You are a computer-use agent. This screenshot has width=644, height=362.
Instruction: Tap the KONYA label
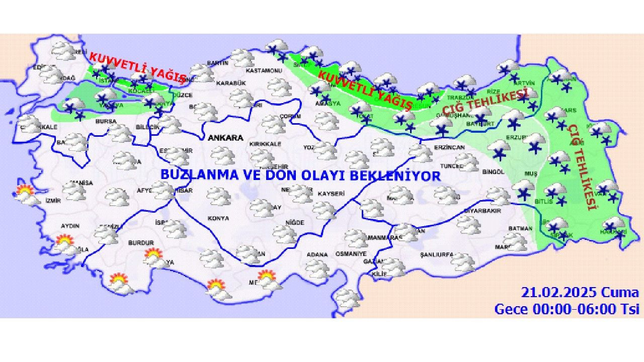click(218, 218)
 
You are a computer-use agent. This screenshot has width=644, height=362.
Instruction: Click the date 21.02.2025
click(558, 293)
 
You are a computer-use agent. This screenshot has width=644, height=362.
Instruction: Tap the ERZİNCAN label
click(449, 147)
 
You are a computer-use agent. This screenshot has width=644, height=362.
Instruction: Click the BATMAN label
click(520, 228)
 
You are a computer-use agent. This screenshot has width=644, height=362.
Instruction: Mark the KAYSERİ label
click(331, 193)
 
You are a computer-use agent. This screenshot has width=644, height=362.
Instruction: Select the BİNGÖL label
click(493, 172)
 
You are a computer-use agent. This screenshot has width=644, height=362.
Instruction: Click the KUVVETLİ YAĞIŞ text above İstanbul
click(137, 66)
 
